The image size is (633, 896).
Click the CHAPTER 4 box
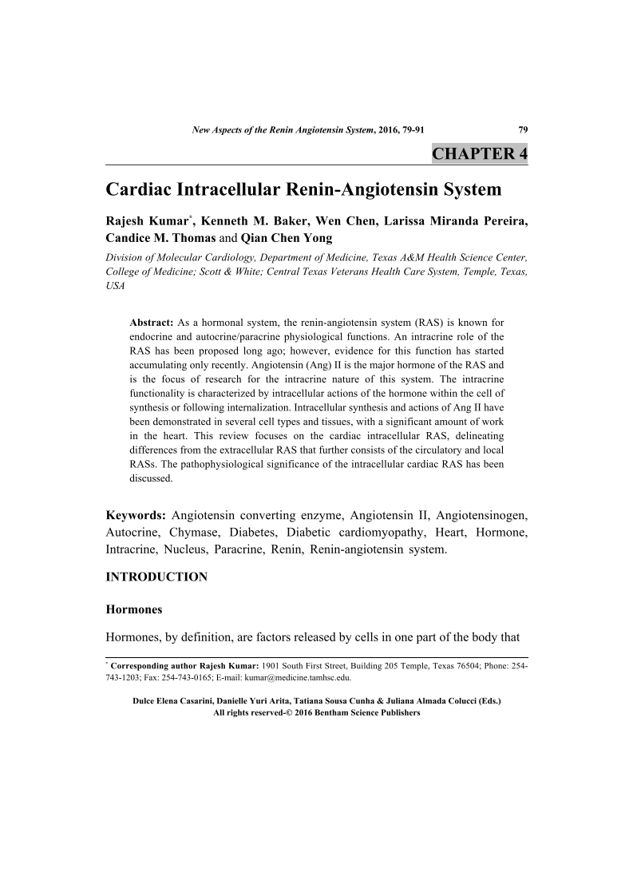click(x=479, y=153)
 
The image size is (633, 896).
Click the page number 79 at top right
click(x=523, y=129)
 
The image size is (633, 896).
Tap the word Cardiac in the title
click(x=141, y=190)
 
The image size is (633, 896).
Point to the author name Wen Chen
click(x=350, y=220)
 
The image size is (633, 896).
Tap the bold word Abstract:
click(x=152, y=322)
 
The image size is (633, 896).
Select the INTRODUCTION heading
click(x=157, y=577)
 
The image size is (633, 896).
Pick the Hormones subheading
click(x=134, y=609)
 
